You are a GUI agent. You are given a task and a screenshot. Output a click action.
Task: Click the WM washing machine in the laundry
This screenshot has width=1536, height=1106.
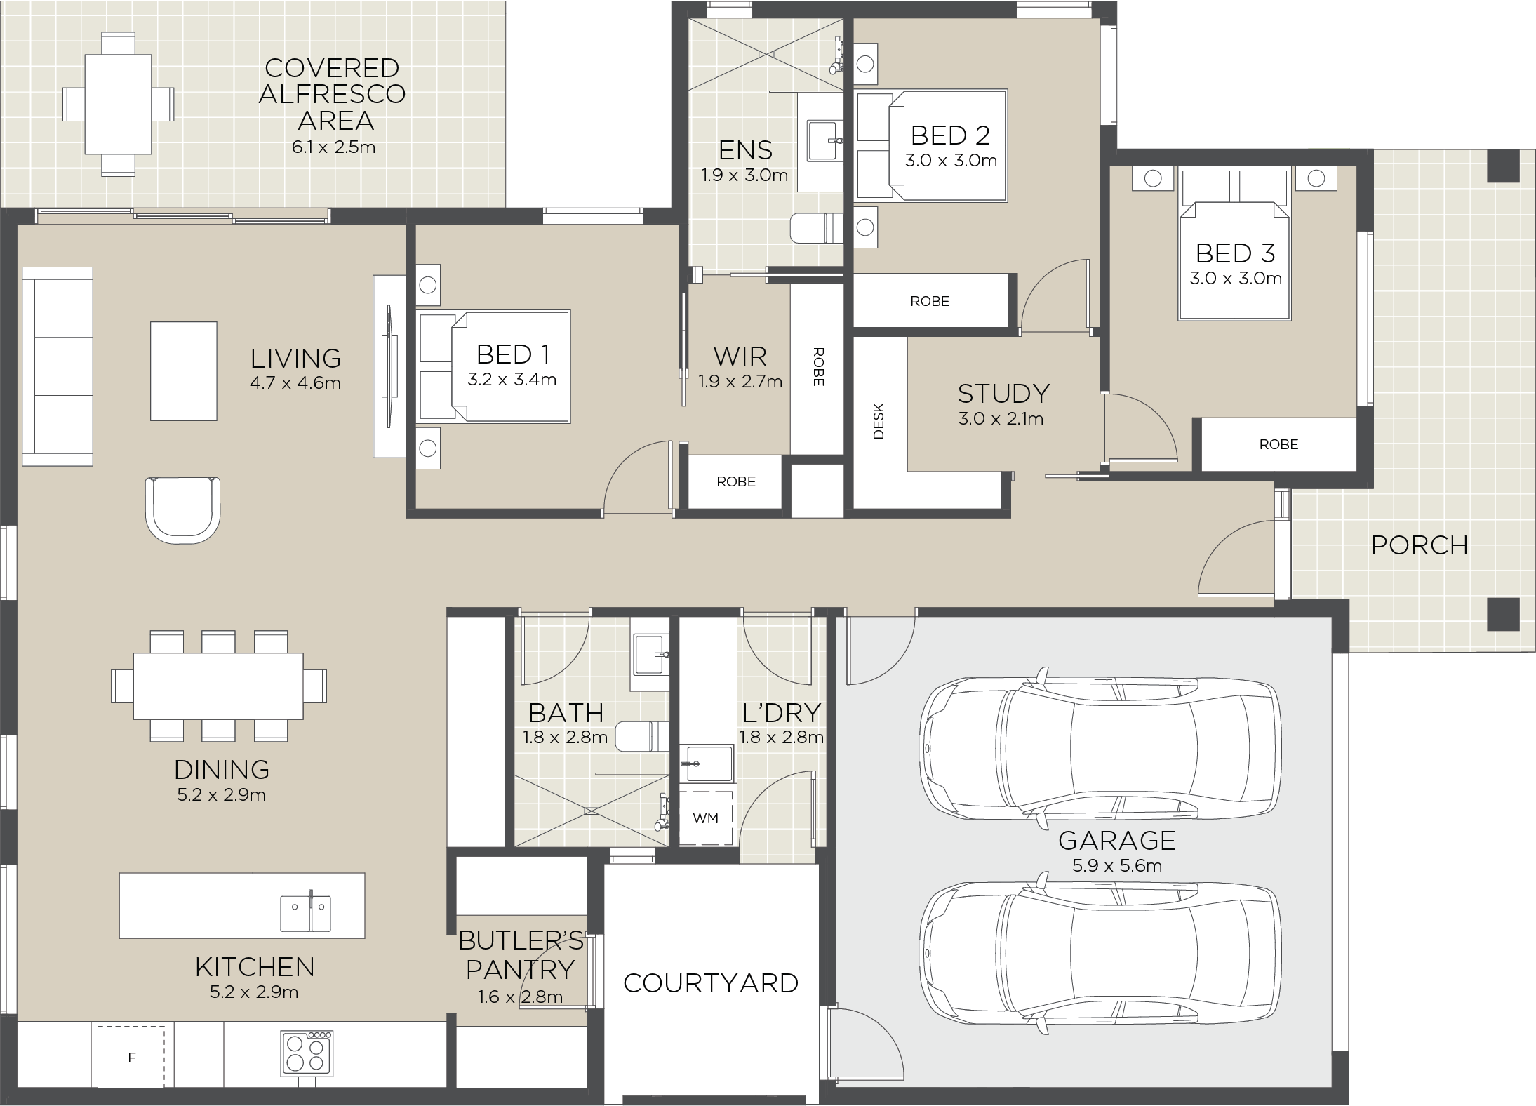point(706,818)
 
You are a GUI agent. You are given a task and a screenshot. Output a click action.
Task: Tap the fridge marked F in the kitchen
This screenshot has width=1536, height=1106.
point(131,1057)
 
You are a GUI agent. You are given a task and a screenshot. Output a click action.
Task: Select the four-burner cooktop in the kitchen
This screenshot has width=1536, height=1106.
point(307,1053)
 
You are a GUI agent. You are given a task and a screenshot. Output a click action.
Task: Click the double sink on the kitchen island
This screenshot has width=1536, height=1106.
point(306,912)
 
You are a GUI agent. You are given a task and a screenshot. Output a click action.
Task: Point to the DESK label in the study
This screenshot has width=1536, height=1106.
point(879,421)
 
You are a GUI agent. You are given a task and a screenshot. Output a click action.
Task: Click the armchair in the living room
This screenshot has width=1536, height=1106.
point(182,510)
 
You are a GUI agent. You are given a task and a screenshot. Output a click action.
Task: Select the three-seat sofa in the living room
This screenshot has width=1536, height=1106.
point(58,366)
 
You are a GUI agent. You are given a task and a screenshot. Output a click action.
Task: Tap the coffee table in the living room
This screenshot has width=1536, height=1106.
point(184,371)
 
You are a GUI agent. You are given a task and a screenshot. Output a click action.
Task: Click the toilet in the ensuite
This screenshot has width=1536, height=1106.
point(817,227)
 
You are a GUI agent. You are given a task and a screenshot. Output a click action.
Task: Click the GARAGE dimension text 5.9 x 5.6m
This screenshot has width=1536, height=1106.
point(1117,865)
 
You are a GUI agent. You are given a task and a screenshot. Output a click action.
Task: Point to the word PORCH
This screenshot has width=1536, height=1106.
point(1420,545)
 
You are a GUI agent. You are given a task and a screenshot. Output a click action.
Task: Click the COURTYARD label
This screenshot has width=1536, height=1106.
point(711,983)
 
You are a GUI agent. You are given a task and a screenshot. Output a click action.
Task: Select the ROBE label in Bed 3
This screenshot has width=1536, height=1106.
point(1278,444)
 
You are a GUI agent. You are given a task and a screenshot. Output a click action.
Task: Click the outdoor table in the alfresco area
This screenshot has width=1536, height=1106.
point(118,104)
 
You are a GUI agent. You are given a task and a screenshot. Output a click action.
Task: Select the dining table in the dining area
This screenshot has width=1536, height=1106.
point(218,686)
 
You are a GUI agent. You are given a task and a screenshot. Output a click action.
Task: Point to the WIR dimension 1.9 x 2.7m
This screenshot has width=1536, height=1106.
point(740,382)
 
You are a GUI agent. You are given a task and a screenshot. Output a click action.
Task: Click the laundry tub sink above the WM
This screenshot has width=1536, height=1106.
point(707,764)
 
